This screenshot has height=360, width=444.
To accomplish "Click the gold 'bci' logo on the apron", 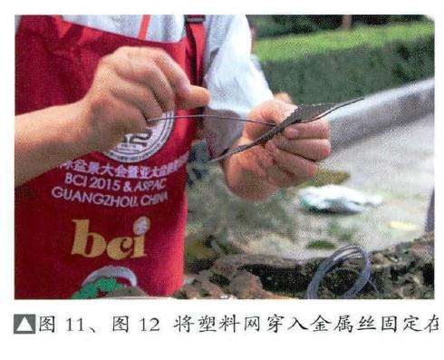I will (109, 238).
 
